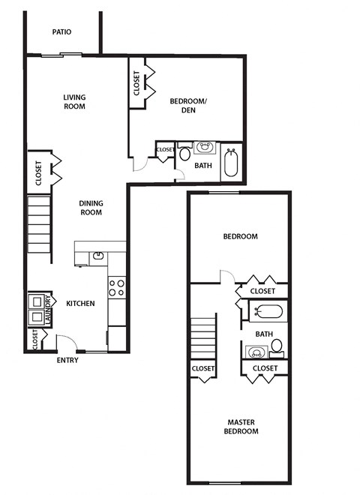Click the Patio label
tap(61, 32)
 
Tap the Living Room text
tap(74, 101)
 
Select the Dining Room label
tap(91, 207)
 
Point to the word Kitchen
tap(80, 304)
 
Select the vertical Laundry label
tap(47, 309)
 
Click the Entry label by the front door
tap(67, 360)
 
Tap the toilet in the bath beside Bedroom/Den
tap(185, 154)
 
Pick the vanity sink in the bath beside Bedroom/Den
tap(205, 148)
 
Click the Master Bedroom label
tap(242, 426)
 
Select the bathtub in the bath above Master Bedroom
tap(267, 311)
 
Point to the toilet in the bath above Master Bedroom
tap(276, 346)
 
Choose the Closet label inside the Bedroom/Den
tap(136, 82)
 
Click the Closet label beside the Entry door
tap(35, 340)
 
